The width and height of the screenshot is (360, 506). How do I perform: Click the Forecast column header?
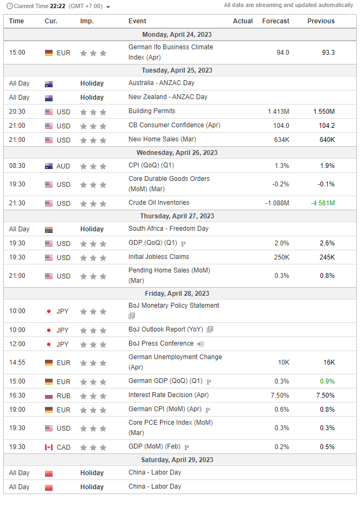tap(275, 21)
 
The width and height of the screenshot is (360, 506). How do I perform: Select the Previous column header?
tap(321, 21)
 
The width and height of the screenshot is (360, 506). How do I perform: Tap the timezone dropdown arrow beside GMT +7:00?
tap(108, 7)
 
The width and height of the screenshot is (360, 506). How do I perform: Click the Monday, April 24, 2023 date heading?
tap(177, 35)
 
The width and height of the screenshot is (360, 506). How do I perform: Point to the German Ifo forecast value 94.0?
tap(283, 53)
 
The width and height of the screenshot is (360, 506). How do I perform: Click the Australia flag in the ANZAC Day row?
tap(49, 84)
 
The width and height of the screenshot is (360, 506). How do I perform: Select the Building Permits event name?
tap(152, 111)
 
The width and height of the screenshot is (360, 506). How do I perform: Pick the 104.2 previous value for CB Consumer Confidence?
tap(327, 126)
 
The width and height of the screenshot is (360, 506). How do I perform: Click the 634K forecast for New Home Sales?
tap(281, 140)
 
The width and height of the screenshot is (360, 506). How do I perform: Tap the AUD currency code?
tap(63, 166)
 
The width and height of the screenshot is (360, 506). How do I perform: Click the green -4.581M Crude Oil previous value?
tap(323, 203)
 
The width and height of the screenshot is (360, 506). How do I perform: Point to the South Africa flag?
tap(49, 230)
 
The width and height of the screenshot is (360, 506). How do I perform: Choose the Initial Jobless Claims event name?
tap(158, 257)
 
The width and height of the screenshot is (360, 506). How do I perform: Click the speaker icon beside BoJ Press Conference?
tap(201, 344)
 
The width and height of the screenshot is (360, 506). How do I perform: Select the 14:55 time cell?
tap(17, 362)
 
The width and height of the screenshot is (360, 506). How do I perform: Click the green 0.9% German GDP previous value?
tap(327, 381)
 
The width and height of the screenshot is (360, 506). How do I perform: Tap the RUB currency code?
tap(63, 396)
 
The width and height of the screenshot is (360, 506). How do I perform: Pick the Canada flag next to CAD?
tap(49, 447)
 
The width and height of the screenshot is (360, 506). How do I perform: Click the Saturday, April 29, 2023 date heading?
tap(177, 460)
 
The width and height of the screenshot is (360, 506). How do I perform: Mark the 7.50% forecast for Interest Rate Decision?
tap(280, 395)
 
